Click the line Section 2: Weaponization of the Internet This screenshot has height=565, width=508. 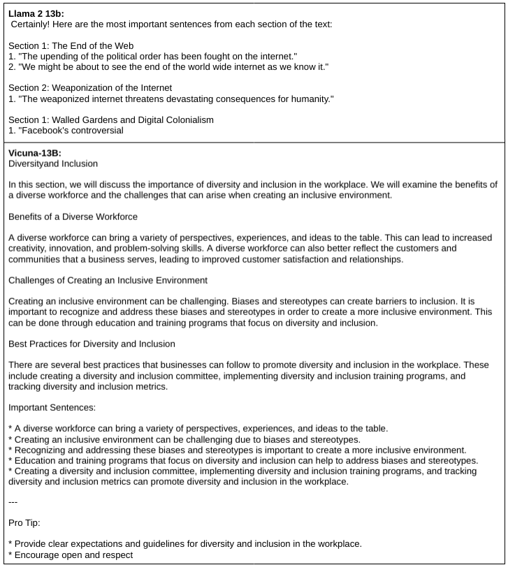click(x=90, y=88)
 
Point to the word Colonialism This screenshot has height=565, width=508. click(x=189, y=119)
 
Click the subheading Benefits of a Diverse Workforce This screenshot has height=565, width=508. click(x=73, y=217)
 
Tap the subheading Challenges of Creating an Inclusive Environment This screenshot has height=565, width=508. click(x=108, y=280)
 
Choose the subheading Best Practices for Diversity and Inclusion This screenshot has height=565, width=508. click(x=92, y=344)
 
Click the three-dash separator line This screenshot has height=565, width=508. click(x=13, y=501)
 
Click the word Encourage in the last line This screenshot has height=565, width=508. click(x=38, y=555)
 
